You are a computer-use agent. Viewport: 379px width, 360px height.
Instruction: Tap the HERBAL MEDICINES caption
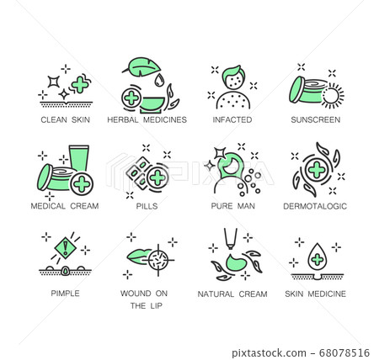(147, 119)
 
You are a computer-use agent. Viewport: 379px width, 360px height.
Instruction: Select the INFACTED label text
(232, 119)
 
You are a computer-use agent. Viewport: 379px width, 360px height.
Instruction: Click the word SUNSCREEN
(315, 119)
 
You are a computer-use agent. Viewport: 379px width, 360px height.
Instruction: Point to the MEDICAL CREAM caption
(64, 206)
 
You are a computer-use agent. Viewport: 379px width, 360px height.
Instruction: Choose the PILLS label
(147, 206)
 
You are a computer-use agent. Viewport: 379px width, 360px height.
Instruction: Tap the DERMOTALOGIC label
(315, 206)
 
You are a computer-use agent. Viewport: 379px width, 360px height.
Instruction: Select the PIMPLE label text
(64, 294)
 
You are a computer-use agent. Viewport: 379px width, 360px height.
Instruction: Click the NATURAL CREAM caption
(232, 294)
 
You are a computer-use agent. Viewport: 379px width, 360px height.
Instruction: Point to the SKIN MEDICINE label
(315, 294)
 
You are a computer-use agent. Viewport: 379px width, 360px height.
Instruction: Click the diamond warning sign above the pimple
(64, 246)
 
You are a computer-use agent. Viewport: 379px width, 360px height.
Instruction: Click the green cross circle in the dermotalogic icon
(316, 169)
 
